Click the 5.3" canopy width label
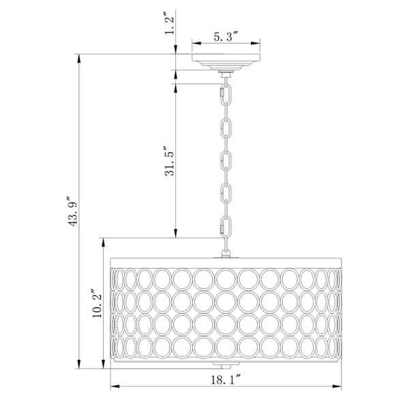click(226, 37)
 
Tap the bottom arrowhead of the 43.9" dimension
click(80, 365)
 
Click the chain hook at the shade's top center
click(226, 252)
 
